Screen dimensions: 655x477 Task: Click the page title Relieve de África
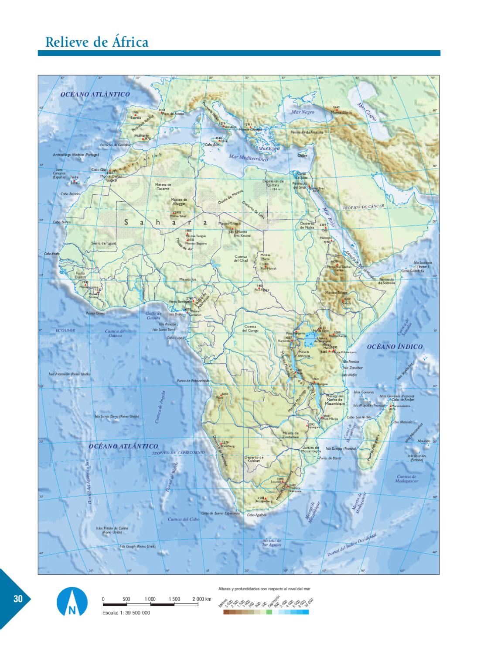tap(97, 42)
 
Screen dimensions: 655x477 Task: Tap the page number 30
tap(18, 599)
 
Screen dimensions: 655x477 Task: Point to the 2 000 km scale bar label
tap(202, 599)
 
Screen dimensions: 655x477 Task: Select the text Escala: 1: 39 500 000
tap(126, 613)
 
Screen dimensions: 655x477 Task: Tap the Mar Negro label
tap(303, 112)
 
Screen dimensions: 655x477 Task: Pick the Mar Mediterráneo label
tap(248, 158)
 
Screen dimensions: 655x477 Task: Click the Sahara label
tap(165, 223)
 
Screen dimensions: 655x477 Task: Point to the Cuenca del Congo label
tap(250, 328)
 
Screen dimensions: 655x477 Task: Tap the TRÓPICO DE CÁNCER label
tap(363, 207)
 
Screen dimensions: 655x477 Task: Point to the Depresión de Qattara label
tap(273, 185)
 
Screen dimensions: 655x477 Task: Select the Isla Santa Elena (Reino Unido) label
tap(117, 416)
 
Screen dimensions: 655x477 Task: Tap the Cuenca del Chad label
tap(241, 259)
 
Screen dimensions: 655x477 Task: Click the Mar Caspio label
tap(366, 112)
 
